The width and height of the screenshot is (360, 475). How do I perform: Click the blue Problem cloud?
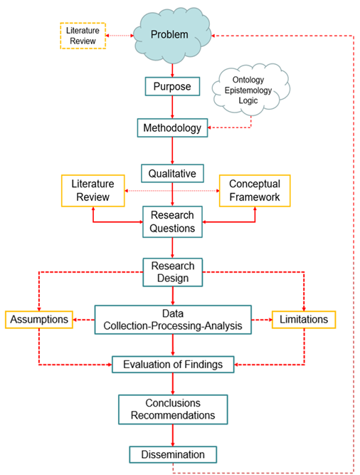172,35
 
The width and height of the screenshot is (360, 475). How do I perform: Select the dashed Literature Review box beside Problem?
83,36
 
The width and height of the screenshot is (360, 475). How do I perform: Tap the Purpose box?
172,87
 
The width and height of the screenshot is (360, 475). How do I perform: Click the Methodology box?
172,128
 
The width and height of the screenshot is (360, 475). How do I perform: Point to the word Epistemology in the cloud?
248,90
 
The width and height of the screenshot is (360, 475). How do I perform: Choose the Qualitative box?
172,173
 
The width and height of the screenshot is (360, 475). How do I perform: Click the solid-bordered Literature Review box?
93,191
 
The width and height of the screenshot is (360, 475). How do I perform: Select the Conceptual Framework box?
255,191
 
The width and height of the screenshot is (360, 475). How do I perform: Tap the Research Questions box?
172,222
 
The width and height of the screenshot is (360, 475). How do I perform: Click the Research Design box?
173,272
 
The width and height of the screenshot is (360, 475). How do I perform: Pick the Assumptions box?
39,320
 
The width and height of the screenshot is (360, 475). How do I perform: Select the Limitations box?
304,320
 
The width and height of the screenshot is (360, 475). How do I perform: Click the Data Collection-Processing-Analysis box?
173,320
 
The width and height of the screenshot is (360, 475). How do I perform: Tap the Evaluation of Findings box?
173,365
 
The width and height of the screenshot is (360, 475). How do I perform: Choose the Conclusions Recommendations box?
173,409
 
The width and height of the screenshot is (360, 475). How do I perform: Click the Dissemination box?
173,454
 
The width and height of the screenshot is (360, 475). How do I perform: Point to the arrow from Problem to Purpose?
172,71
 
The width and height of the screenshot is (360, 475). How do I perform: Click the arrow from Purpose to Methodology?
172,108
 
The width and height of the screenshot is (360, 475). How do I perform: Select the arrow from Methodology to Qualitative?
172,150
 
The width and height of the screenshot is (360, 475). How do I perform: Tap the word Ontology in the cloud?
248,80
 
